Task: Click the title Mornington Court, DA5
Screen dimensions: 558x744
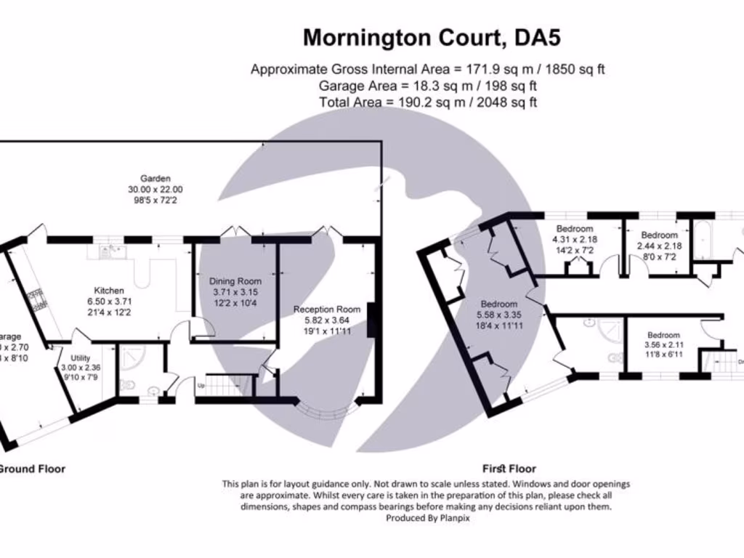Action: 432,37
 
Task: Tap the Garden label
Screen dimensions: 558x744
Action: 155,178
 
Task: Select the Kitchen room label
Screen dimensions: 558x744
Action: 109,290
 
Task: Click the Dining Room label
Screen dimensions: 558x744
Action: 235,281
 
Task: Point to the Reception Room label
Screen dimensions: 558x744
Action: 327,310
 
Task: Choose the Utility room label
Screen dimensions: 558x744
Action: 81,358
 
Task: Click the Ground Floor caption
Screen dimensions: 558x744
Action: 31,469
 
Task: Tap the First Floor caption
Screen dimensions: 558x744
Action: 509,469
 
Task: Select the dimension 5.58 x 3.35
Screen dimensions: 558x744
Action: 498,315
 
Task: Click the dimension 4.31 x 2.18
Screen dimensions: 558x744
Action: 575,239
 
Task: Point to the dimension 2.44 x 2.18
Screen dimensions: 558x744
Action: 659,246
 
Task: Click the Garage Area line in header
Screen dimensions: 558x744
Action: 428,86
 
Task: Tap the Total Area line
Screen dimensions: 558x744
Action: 428,102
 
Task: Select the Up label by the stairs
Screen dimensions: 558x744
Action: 201,386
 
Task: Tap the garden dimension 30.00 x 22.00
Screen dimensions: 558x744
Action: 155,189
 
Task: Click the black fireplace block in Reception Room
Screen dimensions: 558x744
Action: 373,320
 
